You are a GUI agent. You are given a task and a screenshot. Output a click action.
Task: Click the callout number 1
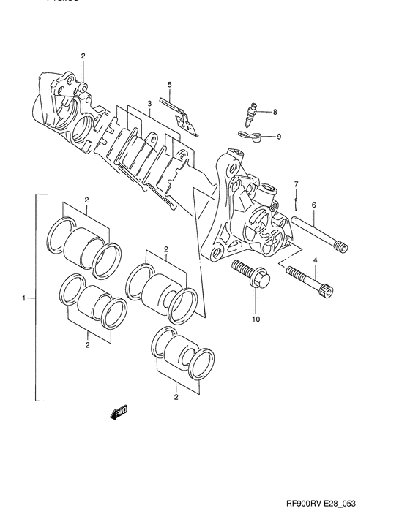pyautogui.click(x=23, y=298)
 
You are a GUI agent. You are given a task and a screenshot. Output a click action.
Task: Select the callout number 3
pyautogui.click(x=149, y=105)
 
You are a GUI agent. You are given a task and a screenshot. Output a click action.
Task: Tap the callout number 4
pyautogui.click(x=316, y=260)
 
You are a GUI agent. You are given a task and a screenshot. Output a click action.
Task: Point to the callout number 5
pyautogui.click(x=169, y=85)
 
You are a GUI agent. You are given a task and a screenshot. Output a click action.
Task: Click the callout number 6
pyautogui.click(x=313, y=205)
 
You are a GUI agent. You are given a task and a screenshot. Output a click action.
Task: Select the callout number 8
pyautogui.click(x=275, y=112)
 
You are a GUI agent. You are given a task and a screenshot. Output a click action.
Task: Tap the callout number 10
pyautogui.click(x=256, y=319)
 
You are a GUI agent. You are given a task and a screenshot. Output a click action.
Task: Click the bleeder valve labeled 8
pyautogui.click(x=250, y=113)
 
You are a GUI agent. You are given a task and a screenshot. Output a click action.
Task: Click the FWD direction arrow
pyautogui.click(x=118, y=415)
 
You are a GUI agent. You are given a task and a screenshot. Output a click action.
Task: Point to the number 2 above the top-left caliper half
pyautogui.click(x=83, y=56)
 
